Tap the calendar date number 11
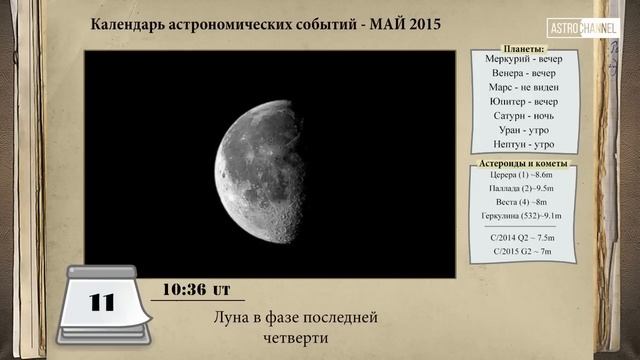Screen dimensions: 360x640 click(101, 302)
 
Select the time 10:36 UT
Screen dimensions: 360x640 click(196, 290)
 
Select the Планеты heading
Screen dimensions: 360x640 click(523, 48)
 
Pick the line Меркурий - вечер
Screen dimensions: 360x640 click(523, 59)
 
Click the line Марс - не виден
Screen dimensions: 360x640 click(523, 87)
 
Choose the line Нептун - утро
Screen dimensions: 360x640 click(523, 144)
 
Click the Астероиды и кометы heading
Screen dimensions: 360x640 click(523, 163)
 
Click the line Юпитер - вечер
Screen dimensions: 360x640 click(523, 101)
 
